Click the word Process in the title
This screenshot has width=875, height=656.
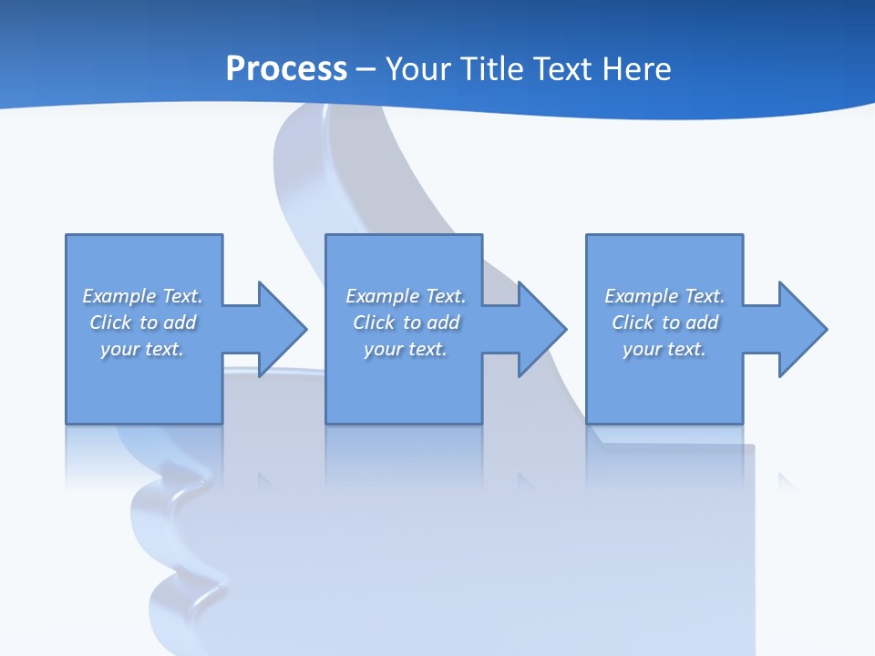pos(286,69)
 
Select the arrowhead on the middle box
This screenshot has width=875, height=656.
pos(541,329)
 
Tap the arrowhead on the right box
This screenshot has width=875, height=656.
pos(801,329)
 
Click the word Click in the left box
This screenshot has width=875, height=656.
pos(110,323)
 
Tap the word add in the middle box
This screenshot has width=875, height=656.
pos(443,323)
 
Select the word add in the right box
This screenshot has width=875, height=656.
pos(702,323)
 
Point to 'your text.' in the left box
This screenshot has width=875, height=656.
pos(142,349)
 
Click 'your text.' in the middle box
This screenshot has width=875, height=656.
pos(406,349)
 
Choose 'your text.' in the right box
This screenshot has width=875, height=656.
pos(664,349)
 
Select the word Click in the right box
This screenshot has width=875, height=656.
pos(633,323)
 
